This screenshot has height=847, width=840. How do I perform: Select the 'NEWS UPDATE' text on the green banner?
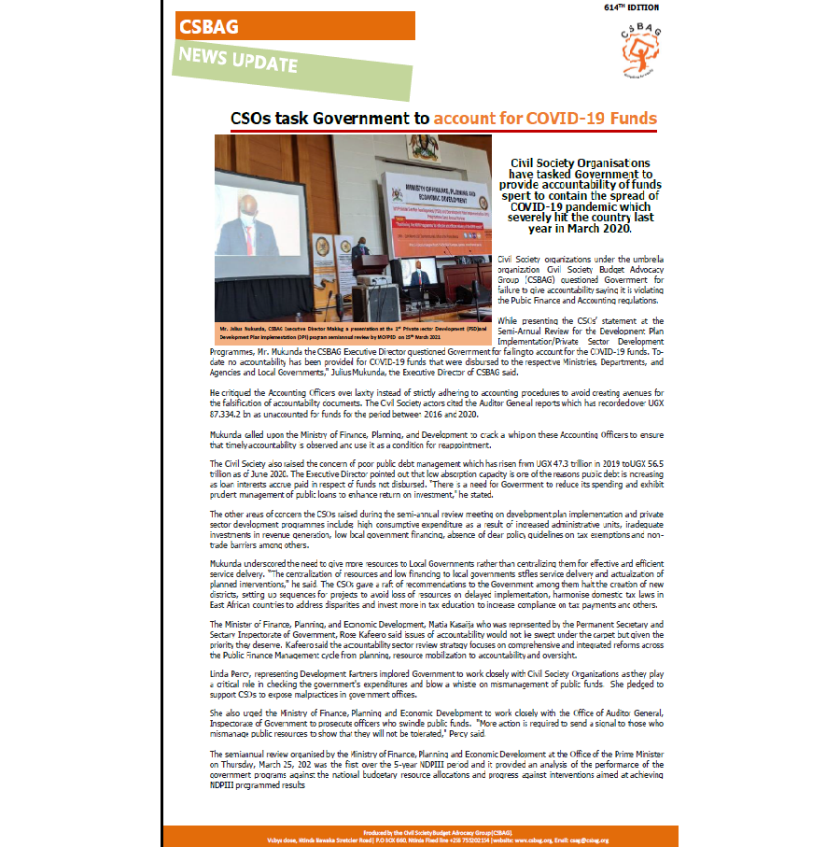[x=239, y=61]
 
